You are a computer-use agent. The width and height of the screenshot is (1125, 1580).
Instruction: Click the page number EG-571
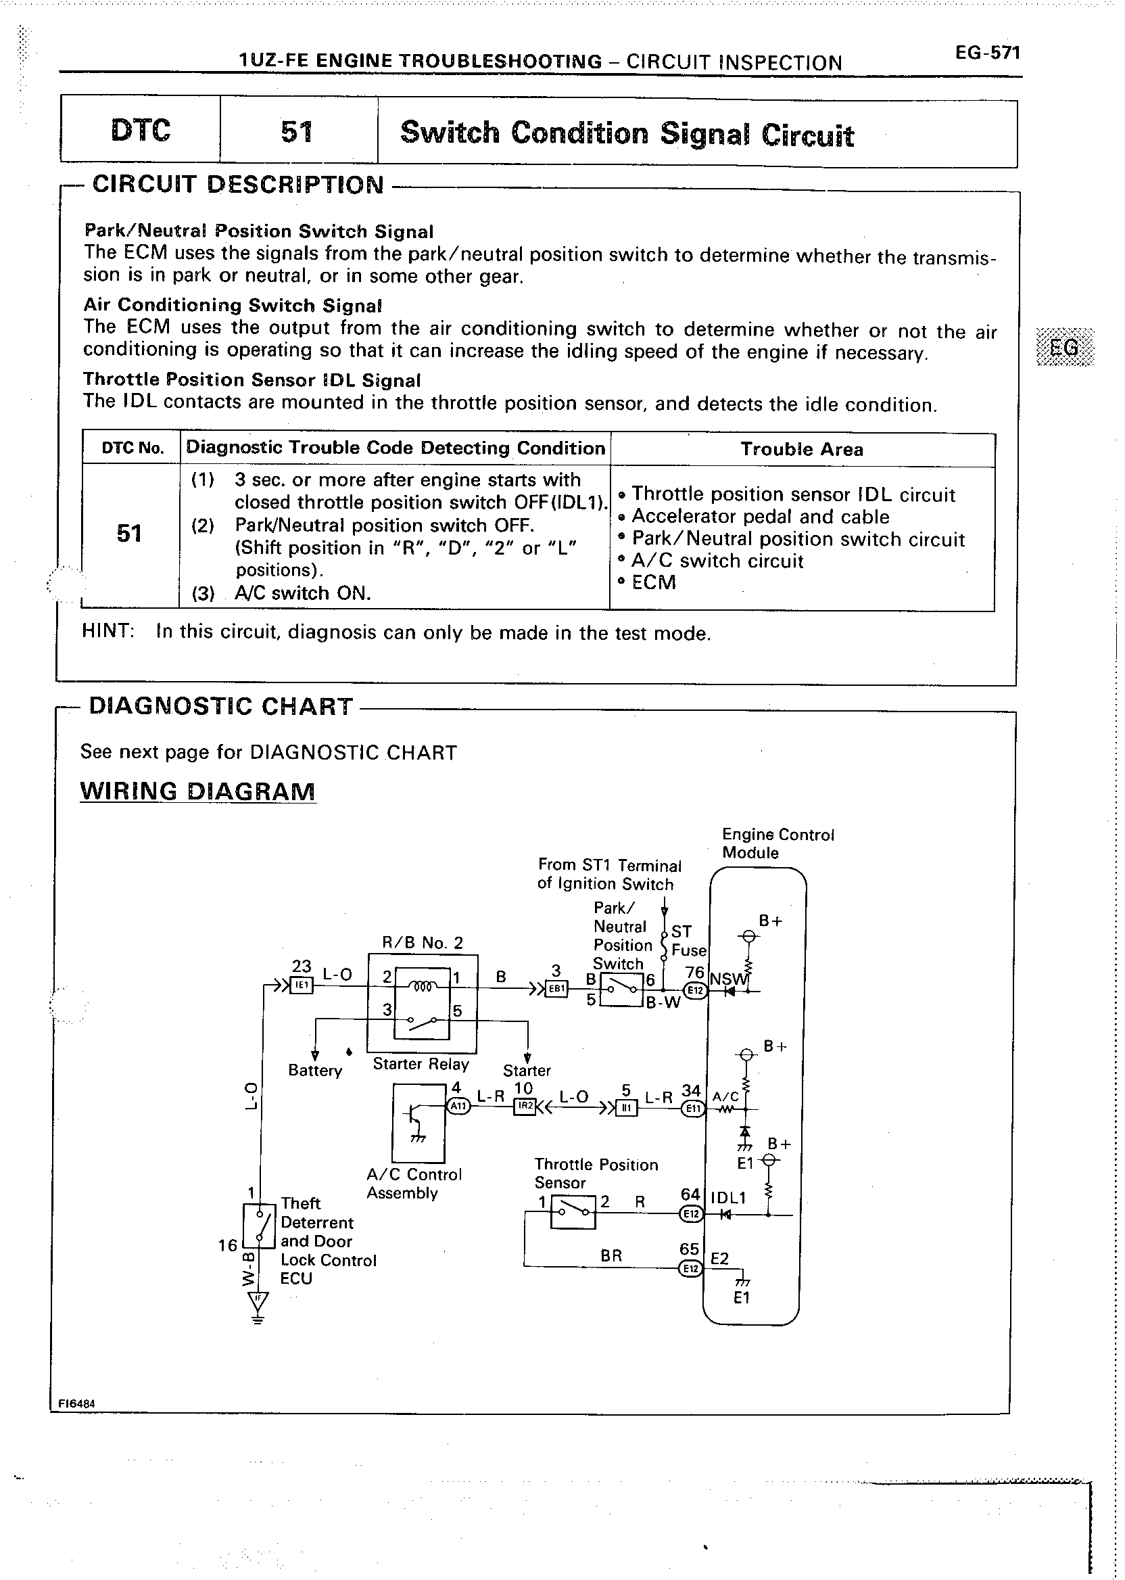[x=986, y=53]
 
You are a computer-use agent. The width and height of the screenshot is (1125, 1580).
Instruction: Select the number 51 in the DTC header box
[x=297, y=132]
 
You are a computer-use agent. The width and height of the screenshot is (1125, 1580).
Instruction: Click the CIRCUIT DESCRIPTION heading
[x=237, y=185]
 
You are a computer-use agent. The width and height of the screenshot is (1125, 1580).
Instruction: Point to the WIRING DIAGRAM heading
[x=197, y=791]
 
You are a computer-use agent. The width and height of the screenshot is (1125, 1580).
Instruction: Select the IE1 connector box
[x=302, y=986]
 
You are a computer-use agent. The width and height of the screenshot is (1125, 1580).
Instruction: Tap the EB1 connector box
[x=557, y=990]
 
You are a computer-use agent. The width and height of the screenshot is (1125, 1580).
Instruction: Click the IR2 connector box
[x=525, y=1107]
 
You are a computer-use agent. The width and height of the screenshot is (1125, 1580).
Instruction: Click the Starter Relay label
[x=421, y=1065]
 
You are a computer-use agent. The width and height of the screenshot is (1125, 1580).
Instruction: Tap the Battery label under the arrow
[x=315, y=1071]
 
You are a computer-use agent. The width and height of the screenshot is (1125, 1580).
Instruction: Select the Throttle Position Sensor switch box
[x=573, y=1212]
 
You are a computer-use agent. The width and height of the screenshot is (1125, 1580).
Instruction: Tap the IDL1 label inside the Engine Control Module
[x=727, y=1198]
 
